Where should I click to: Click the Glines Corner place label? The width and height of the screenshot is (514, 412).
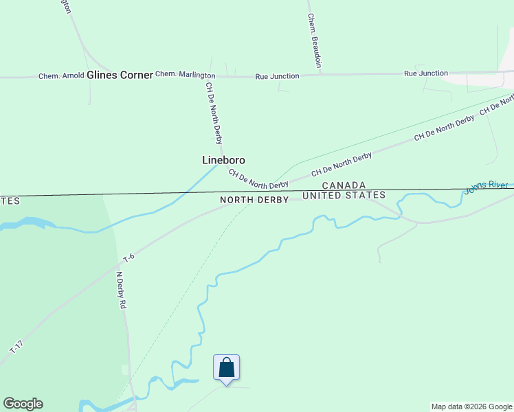click(x=120, y=75)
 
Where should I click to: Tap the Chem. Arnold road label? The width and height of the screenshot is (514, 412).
click(x=61, y=76)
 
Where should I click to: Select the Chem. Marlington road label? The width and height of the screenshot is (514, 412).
click(x=185, y=75)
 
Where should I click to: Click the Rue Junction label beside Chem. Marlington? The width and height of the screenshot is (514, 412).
click(x=277, y=76)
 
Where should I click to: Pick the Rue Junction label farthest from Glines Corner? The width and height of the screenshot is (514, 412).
click(x=426, y=73)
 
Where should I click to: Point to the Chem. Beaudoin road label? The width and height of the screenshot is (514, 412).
click(x=314, y=40)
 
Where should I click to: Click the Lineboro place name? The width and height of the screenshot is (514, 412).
click(x=223, y=160)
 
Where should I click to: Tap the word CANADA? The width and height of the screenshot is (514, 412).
click(x=344, y=185)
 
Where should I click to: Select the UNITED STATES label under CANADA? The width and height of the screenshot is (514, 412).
click(x=344, y=196)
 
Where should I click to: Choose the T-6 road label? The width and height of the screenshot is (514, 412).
click(x=128, y=258)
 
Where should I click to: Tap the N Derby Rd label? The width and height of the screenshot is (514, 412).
click(x=121, y=290)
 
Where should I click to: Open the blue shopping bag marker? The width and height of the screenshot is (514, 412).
click(x=227, y=368)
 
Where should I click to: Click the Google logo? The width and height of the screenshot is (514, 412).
click(x=23, y=404)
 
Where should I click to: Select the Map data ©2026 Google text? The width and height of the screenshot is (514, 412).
click(x=471, y=407)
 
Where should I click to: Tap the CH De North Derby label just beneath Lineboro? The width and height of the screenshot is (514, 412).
click(x=258, y=179)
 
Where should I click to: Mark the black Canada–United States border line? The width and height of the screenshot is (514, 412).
click(x=137, y=194)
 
